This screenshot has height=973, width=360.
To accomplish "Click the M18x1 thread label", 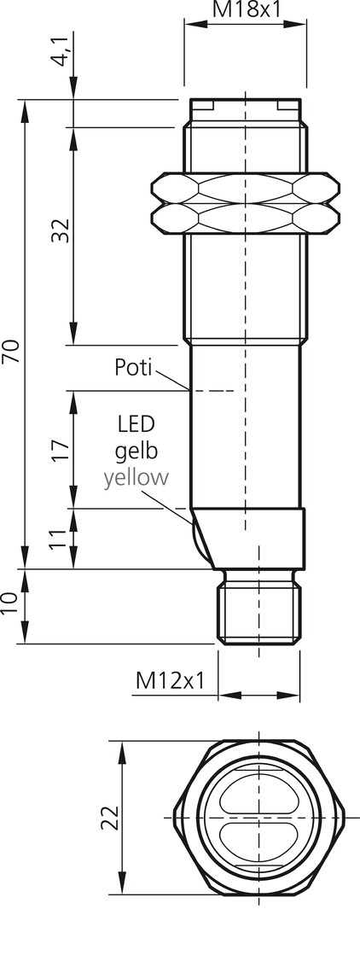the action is click(x=247, y=9).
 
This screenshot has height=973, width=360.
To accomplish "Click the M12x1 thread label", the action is click(x=170, y=681).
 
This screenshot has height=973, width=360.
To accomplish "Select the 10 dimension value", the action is click(x=10, y=603).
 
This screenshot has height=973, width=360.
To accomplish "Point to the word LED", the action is click(x=136, y=424).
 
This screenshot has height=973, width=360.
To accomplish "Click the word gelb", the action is click(x=136, y=452).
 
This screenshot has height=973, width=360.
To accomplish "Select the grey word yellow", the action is click(x=136, y=478).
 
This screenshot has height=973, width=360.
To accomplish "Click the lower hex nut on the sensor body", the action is click(x=246, y=219).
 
